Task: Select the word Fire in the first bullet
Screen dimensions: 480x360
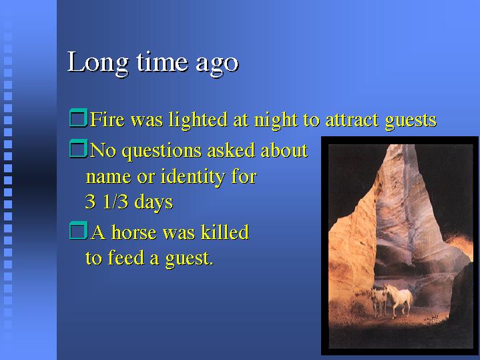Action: point(107,119)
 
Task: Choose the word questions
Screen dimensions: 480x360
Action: point(162,152)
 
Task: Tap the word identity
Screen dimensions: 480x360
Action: point(193,178)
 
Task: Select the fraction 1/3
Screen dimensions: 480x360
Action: point(115,202)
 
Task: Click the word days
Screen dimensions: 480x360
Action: point(154,203)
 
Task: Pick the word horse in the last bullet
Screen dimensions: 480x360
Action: point(134,232)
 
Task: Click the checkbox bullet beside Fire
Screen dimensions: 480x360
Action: point(78,118)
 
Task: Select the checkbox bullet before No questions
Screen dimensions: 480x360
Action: point(78,149)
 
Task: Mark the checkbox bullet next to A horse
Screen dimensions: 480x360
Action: point(78,230)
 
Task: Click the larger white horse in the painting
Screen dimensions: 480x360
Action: point(398,299)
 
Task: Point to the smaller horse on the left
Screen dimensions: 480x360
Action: point(379,301)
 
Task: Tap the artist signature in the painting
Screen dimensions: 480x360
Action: point(432,318)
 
